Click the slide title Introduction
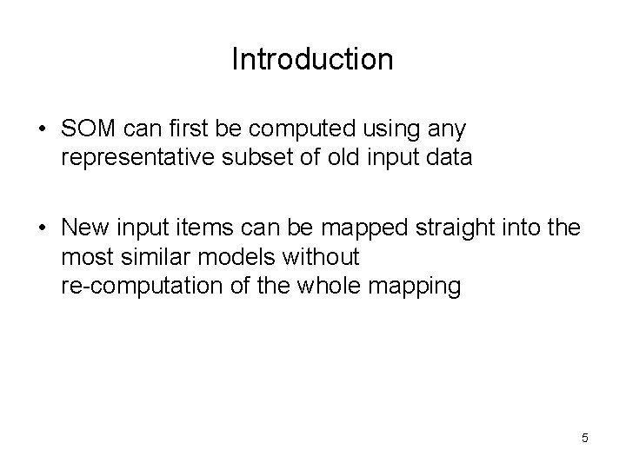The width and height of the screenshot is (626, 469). pos(312,59)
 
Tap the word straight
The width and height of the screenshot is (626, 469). pos(448,228)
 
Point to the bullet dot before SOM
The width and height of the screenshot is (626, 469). pos(42,130)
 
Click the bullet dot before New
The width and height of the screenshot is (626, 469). pos(42,229)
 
